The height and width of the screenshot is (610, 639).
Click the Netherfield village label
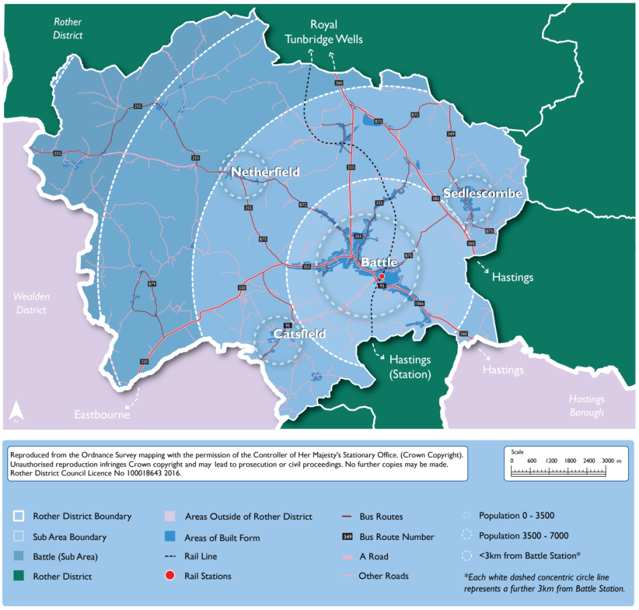pos(265,173)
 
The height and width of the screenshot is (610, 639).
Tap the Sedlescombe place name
pos(482,193)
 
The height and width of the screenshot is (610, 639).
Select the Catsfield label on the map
pos(299,334)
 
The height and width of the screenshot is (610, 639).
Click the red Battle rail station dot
pos(381,277)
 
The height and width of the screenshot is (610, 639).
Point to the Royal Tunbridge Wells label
pos(324,32)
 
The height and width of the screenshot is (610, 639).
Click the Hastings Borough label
pos(586,406)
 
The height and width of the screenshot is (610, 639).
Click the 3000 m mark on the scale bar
pos(607,460)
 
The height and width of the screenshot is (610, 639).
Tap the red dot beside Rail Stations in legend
pos(171,576)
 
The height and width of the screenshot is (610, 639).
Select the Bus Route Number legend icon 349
pos(347,537)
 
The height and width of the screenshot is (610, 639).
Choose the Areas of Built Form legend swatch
pos(171,537)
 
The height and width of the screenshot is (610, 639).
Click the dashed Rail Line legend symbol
pos(171,557)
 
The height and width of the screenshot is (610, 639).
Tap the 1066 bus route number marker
pos(419,304)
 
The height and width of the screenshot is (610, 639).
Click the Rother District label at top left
pos(67,28)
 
